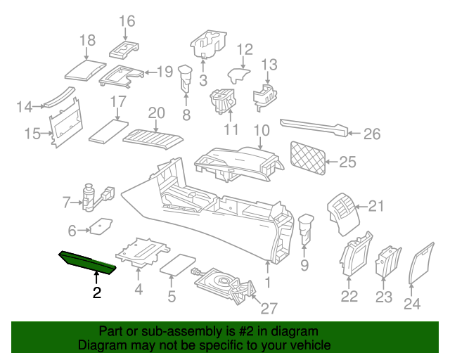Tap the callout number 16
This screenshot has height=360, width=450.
[127, 21]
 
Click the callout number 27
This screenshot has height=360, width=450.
[270, 308]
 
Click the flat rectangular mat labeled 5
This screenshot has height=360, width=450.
[179, 264]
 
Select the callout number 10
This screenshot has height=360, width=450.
[262, 130]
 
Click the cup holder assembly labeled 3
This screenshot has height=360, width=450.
[208, 46]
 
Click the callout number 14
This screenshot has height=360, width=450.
[25, 107]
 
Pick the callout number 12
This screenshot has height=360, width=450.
[244, 49]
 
